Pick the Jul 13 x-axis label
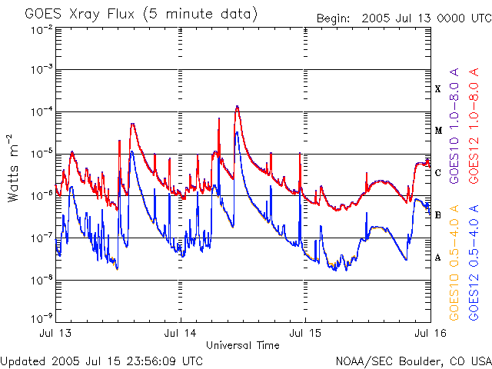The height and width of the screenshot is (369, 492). [57, 334]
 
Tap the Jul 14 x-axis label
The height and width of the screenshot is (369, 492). [181, 334]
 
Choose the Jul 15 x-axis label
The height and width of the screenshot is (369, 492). [304, 334]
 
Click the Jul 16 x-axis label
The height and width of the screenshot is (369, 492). [428, 334]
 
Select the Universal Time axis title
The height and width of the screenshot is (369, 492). [242, 345]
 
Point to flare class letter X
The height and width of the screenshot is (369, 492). [438, 89]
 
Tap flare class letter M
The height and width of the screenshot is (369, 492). [438, 131]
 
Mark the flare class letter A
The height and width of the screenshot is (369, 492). [438, 258]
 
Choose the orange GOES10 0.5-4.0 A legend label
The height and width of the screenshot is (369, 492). [455, 262]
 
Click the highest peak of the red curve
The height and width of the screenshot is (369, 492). [238, 106]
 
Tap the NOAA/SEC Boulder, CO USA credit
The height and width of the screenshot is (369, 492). [413, 361]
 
